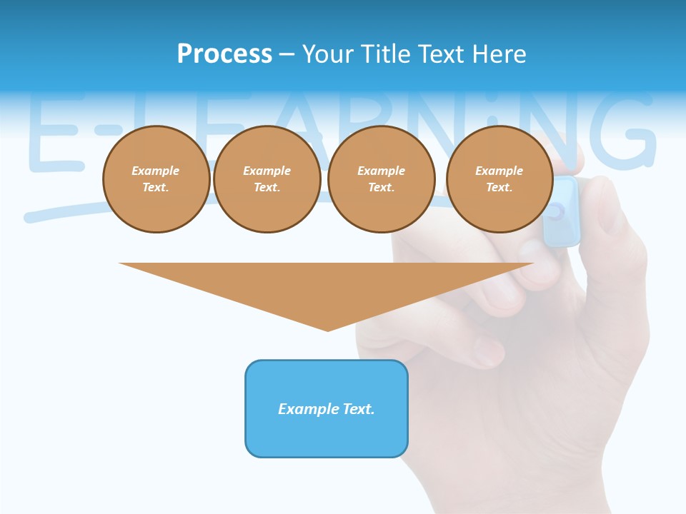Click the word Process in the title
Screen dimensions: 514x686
[224, 54]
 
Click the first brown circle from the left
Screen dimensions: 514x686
[156, 179]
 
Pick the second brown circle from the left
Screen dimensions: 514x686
[267, 179]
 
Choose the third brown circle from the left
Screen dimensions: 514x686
[381, 179]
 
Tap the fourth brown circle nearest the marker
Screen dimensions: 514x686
[499, 179]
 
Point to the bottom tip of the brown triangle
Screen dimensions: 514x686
[327, 330]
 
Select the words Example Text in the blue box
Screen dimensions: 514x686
[327, 409]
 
